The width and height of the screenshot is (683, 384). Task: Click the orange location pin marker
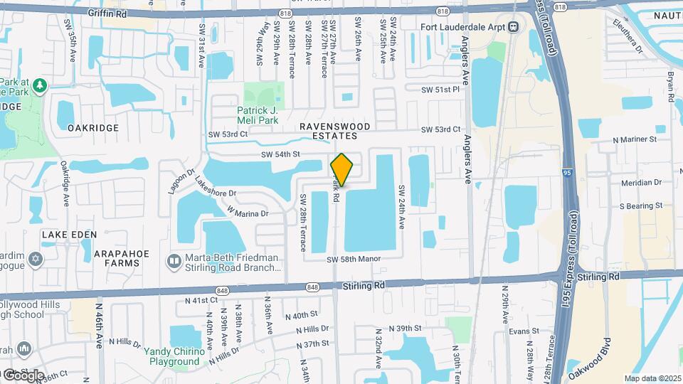click(x=342, y=169)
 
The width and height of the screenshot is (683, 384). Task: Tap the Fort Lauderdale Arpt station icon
click(x=512, y=28)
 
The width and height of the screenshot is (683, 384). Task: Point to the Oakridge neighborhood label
click(x=92, y=128)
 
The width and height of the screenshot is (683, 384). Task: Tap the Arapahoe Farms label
click(x=90, y=258)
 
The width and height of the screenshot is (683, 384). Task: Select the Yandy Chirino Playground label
click(x=171, y=356)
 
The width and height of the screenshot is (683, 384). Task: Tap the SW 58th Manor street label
click(x=359, y=260)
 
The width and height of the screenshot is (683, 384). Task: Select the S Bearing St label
click(x=640, y=206)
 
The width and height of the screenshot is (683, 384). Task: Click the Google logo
click(x=23, y=375)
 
